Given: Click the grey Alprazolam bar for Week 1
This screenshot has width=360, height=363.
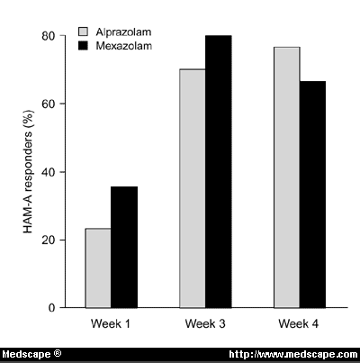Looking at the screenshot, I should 99,268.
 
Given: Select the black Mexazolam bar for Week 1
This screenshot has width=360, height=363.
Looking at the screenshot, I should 124,247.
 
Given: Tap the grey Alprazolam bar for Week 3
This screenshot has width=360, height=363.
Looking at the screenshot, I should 193,188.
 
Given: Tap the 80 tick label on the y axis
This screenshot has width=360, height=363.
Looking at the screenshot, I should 48,36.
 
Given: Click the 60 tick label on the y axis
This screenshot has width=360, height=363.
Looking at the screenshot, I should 48,104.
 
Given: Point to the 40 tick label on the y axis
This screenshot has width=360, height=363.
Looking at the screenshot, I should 48,172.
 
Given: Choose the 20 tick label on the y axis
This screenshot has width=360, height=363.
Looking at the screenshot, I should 48,240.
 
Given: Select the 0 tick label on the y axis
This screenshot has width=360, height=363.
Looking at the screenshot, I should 51,308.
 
